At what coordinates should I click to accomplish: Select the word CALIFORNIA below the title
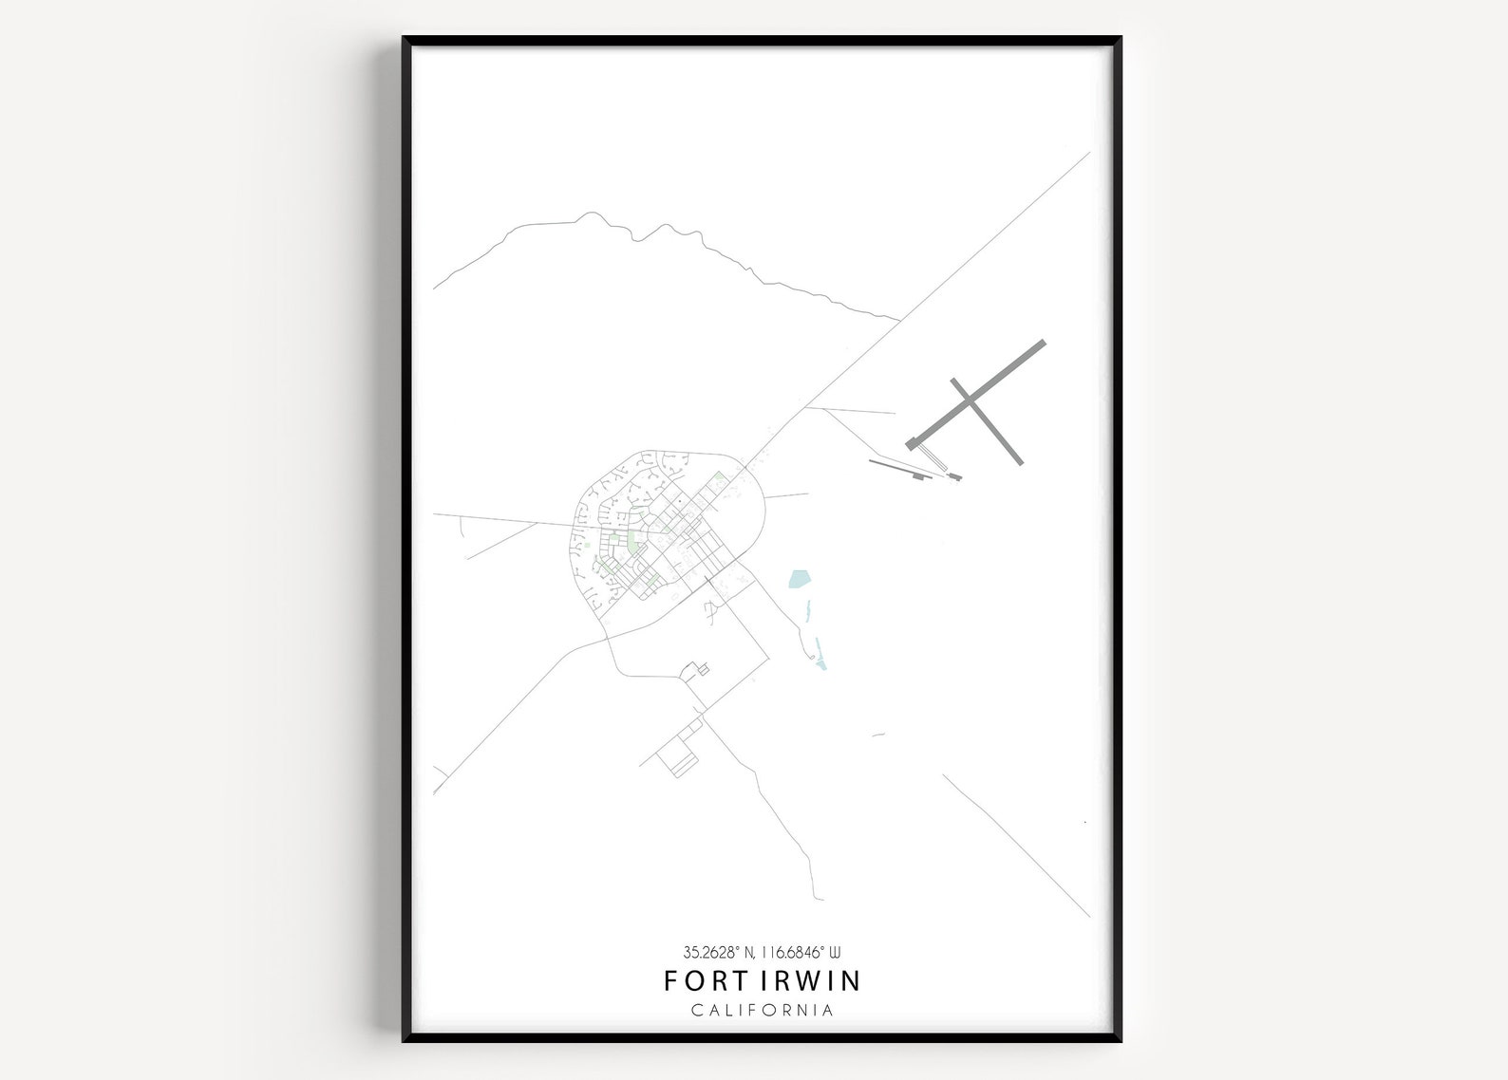(763, 1010)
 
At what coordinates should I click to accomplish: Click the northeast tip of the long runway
(1043, 343)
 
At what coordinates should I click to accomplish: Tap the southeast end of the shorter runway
(1020, 461)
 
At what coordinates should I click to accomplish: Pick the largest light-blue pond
(801, 578)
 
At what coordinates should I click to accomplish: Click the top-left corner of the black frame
(404, 39)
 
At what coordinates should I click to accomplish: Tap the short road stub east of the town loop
(786, 495)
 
